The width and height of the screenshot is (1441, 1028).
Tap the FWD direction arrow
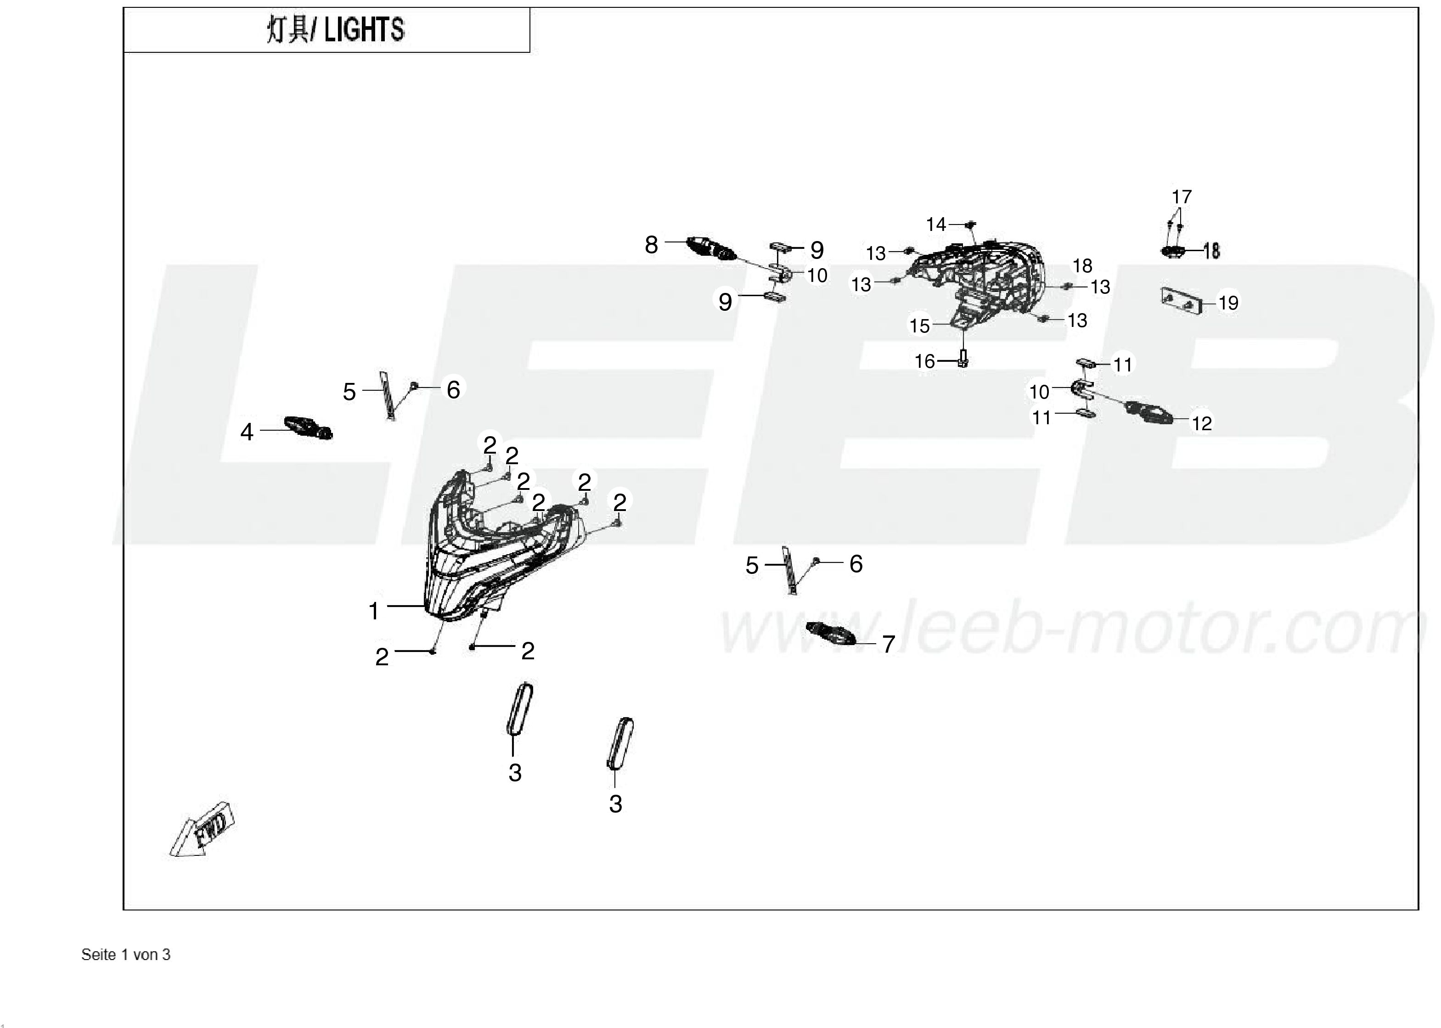click(x=203, y=831)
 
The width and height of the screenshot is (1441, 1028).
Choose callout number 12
click(x=1202, y=423)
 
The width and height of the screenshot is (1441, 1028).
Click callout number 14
click(x=936, y=224)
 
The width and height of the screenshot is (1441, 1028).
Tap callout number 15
click(x=919, y=326)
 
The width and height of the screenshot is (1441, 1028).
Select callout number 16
click(x=924, y=361)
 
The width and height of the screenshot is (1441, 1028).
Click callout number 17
click(x=1182, y=197)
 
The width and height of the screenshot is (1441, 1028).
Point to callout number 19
click(x=1228, y=303)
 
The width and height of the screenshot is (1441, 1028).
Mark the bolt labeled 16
click(x=963, y=359)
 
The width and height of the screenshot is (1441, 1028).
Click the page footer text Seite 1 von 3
click(x=126, y=955)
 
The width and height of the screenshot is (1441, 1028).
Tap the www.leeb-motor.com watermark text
click(x=1073, y=629)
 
